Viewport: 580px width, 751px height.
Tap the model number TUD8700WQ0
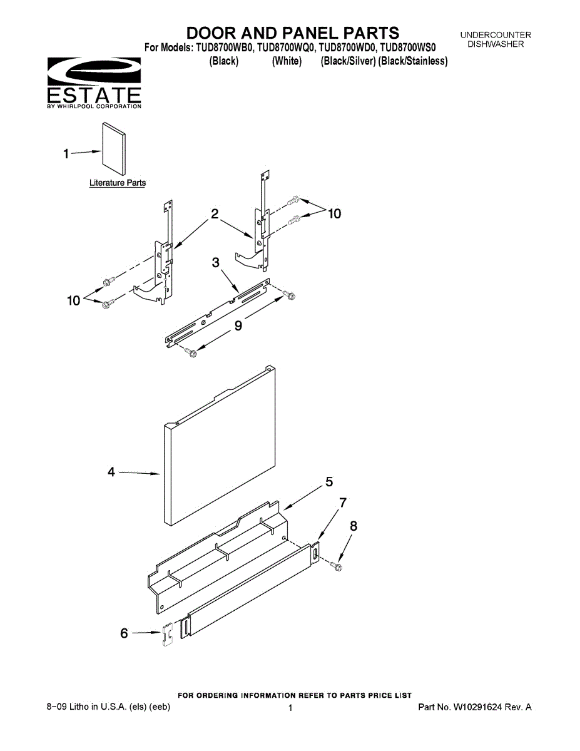pyautogui.click(x=285, y=47)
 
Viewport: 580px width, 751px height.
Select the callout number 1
pyautogui.click(x=66, y=154)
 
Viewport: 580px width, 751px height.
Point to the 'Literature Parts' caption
pyautogui.click(x=118, y=183)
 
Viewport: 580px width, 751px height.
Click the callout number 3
pyautogui.click(x=216, y=262)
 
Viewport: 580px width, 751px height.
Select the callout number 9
pyautogui.click(x=238, y=325)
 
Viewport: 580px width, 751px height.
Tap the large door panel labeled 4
pyautogui.click(x=220, y=446)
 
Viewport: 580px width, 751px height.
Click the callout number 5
pyautogui.click(x=329, y=482)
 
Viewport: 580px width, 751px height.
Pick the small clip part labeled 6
pyautogui.click(x=168, y=634)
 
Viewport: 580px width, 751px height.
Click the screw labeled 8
pyautogui.click(x=336, y=566)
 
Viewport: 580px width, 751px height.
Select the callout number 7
pyautogui.click(x=342, y=503)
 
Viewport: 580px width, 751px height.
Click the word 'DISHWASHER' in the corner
pyautogui.click(x=496, y=44)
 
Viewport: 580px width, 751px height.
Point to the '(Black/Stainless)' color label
pyautogui.click(x=413, y=61)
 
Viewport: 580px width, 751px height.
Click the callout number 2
pyautogui.click(x=215, y=213)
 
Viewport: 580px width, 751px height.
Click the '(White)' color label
pyautogui.click(x=287, y=61)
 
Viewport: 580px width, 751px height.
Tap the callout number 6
pyautogui.click(x=124, y=633)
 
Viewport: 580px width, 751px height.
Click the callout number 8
pyautogui.click(x=354, y=526)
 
